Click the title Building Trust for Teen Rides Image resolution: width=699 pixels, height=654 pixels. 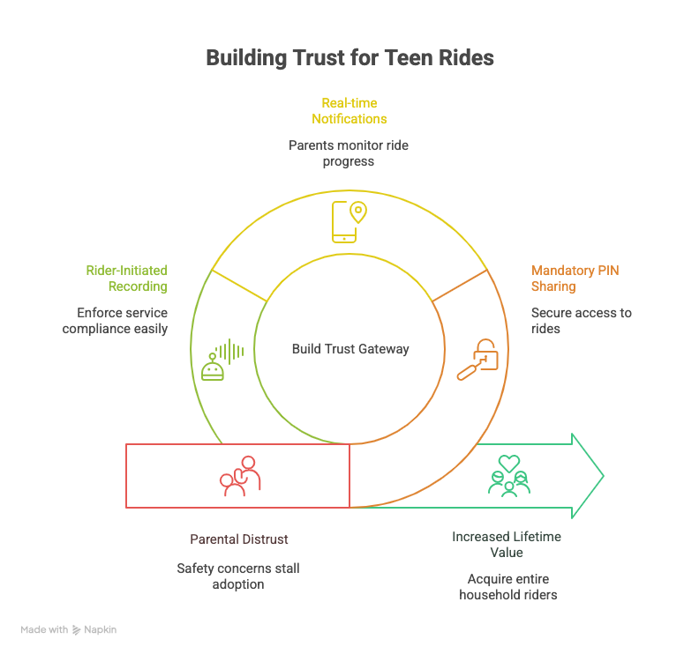point(349,58)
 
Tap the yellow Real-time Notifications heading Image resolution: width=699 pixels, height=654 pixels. point(349,110)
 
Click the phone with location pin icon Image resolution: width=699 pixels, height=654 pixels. point(349,221)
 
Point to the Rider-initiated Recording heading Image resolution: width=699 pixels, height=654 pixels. point(126,278)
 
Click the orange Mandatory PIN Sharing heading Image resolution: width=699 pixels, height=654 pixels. point(575,278)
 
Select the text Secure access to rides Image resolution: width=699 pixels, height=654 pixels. point(580,321)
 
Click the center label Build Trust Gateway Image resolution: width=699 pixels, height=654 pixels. point(350,349)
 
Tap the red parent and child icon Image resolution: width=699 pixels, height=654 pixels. point(240,476)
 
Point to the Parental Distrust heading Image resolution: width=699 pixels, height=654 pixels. point(239,539)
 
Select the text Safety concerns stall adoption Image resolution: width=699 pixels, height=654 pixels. point(238,576)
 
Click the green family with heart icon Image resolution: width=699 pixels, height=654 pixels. point(509,476)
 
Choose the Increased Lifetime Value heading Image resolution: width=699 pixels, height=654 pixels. point(507,544)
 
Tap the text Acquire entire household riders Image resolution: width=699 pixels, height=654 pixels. point(507,586)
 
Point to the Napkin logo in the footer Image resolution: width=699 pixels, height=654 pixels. point(94,630)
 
